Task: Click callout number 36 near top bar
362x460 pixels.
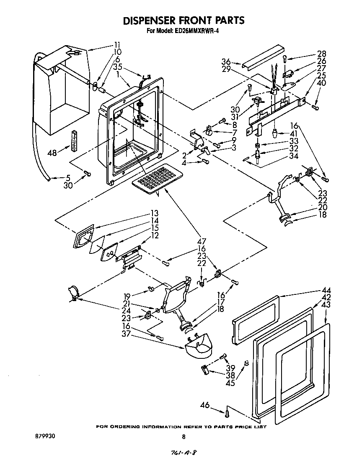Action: tap(226, 62)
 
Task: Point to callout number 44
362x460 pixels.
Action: tap(326, 290)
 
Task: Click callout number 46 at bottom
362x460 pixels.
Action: tap(205, 405)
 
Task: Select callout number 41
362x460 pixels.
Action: tap(294, 133)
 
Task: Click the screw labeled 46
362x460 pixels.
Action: tap(227, 413)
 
